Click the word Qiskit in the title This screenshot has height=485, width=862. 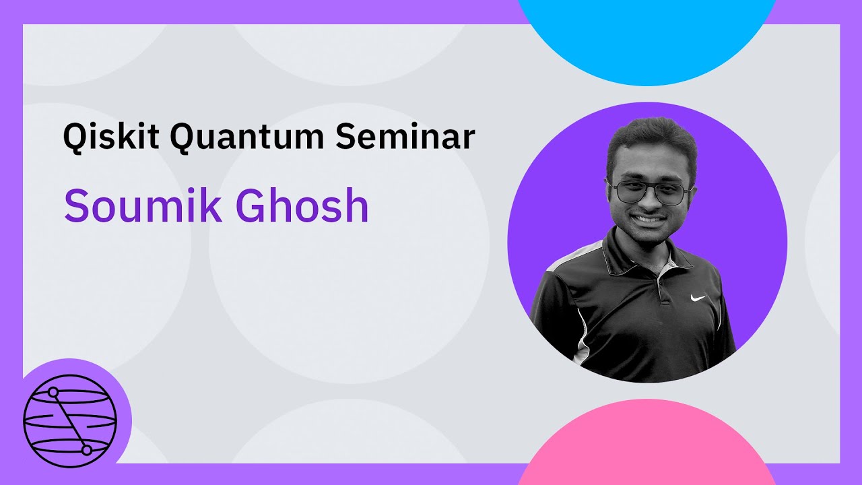[x=111, y=137]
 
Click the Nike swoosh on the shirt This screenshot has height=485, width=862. [x=698, y=298]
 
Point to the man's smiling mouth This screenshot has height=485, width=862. [x=649, y=219]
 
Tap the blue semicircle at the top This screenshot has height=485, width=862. [x=646, y=40]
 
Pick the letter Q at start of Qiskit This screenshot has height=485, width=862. [x=74, y=138]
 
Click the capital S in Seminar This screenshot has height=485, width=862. [x=345, y=137]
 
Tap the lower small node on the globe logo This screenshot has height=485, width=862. [x=86, y=450]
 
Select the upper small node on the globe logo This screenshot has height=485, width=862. [x=53, y=391]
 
